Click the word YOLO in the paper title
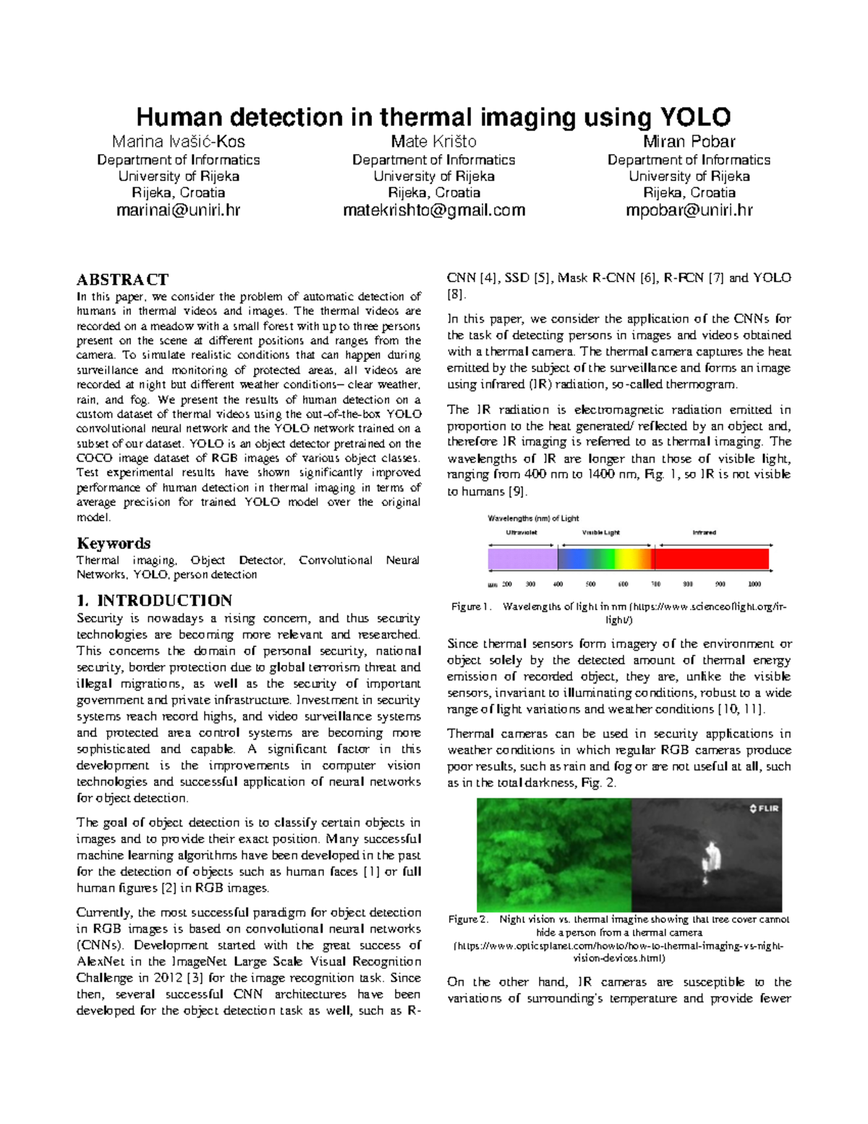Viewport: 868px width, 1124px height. point(694,117)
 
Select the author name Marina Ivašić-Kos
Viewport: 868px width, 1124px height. point(178,141)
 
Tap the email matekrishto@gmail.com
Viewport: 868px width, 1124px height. point(433,211)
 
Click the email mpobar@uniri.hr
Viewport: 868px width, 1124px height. point(689,211)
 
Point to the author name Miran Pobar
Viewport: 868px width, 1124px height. point(689,141)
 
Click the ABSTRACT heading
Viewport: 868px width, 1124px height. point(122,279)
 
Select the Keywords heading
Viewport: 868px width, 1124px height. point(114,544)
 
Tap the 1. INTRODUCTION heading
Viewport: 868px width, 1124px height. point(154,600)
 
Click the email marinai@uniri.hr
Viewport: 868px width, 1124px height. point(178,211)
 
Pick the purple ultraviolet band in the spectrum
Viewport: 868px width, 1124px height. point(522,559)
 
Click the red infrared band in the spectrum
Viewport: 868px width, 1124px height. point(711,559)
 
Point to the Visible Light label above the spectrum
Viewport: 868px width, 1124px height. point(600,533)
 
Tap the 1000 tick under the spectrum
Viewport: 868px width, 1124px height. point(754,584)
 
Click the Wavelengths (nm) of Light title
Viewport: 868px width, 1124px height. point(533,518)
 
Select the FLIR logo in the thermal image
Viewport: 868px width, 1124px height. point(764,808)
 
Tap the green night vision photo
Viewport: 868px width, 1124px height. point(553,855)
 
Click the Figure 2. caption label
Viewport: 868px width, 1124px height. point(467,919)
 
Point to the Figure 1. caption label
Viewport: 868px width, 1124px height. point(471,607)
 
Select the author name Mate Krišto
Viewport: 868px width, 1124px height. point(433,141)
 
